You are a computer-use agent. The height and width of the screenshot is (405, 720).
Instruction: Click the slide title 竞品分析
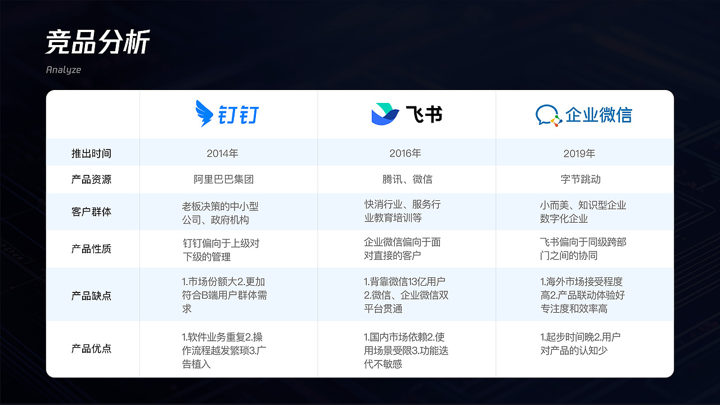pyautogui.click(x=97, y=43)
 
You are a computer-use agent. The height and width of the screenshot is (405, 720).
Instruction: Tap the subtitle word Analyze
pyautogui.click(x=64, y=70)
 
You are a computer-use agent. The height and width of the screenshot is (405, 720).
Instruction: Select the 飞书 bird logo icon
pyautogui.click(x=385, y=114)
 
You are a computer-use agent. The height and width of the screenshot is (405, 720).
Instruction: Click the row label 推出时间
pyautogui.click(x=91, y=153)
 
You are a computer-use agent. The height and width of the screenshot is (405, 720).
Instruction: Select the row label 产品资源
pyautogui.click(x=91, y=179)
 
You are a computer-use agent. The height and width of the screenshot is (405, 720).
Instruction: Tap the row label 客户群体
pyautogui.click(x=91, y=212)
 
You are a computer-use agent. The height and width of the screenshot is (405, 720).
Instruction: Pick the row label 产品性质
pyautogui.click(x=91, y=249)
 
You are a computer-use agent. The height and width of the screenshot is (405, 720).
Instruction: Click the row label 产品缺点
pyautogui.click(x=91, y=295)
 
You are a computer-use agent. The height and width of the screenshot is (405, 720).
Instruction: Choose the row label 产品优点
pyautogui.click(x=91, y=349)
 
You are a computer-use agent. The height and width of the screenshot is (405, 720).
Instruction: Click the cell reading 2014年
pyautogui.click(x=223, y=153)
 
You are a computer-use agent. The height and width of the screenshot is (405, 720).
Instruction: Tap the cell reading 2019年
pyautogui.click(x=579, y=153)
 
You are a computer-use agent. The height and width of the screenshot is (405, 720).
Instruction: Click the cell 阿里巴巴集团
pyautogui.click(x=223, y=179)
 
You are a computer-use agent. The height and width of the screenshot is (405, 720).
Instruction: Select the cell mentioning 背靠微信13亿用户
pyautogui.click(x=406, y=295)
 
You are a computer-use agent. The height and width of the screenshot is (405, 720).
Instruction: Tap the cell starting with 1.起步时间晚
pyautogui.click(x=580, y=344)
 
